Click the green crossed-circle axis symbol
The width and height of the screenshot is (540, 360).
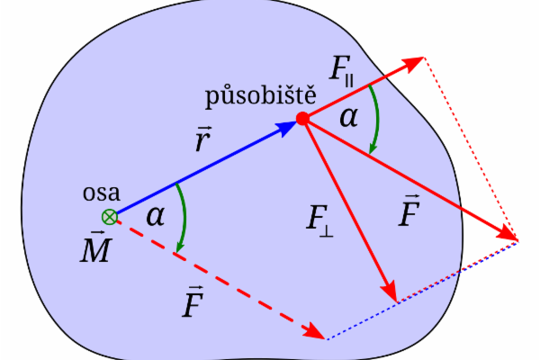click(109, 216)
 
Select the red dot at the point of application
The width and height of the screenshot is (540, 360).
click(303, 118)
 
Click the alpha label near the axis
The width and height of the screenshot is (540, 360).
click(155, 216)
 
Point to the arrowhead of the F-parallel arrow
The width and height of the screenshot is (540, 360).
click(415, 62)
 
